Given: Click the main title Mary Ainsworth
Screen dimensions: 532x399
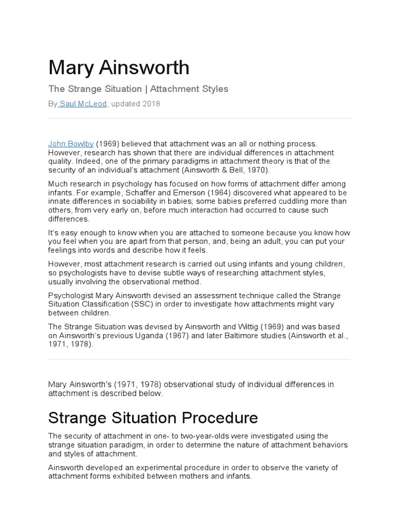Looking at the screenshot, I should (119, 68).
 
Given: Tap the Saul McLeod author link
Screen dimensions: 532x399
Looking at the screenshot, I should (83, 104).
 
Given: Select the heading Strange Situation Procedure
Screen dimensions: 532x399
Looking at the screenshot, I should (153, 418).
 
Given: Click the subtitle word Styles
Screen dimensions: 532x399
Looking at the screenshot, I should (215, 89).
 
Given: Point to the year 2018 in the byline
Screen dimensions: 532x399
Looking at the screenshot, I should (151, 104).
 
